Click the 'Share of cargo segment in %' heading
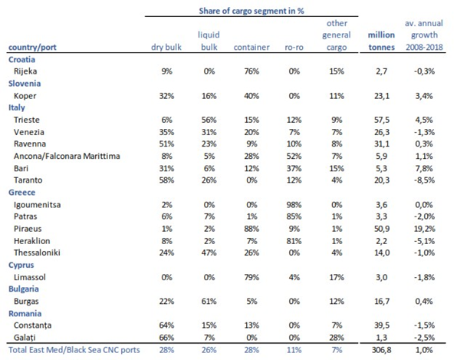pos(252,11)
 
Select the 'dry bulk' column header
pos(166,47)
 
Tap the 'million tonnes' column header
pos(381,41)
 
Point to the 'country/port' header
pos(32,48)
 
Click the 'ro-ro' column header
pos(294,48)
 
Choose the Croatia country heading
pos(22,60)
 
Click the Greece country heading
pos(22,192)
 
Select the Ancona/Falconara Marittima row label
pos(67,156)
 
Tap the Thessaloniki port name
pos(37,253)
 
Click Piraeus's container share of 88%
pos(252,229)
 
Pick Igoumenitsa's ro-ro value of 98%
pos(294,204)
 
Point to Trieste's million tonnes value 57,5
pos(382,120)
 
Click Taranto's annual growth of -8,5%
pos(424,180)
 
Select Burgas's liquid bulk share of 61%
pos(209,301)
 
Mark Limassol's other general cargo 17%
pos(337,277)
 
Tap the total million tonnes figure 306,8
pos(382,350)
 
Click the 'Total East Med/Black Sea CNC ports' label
pos(74,350)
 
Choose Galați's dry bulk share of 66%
pos(166,338)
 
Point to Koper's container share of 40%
pos(252,96)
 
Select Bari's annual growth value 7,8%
pos(424,168)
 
